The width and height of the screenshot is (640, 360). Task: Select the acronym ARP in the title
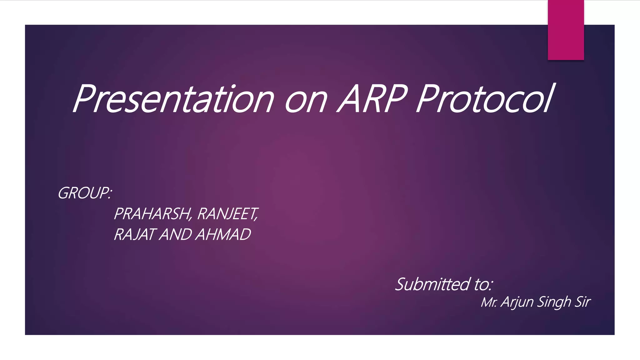pyautogui.click(x=372, y=99)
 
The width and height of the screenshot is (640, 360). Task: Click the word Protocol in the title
pyautogui.click(x=484, y=99)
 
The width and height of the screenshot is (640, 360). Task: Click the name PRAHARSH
pyautogui.click(x=152, y=214)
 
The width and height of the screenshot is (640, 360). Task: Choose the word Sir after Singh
pyautogui.click(x=582, y=302)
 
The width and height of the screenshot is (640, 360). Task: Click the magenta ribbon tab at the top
pyautogui.click(x=566, y=30)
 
